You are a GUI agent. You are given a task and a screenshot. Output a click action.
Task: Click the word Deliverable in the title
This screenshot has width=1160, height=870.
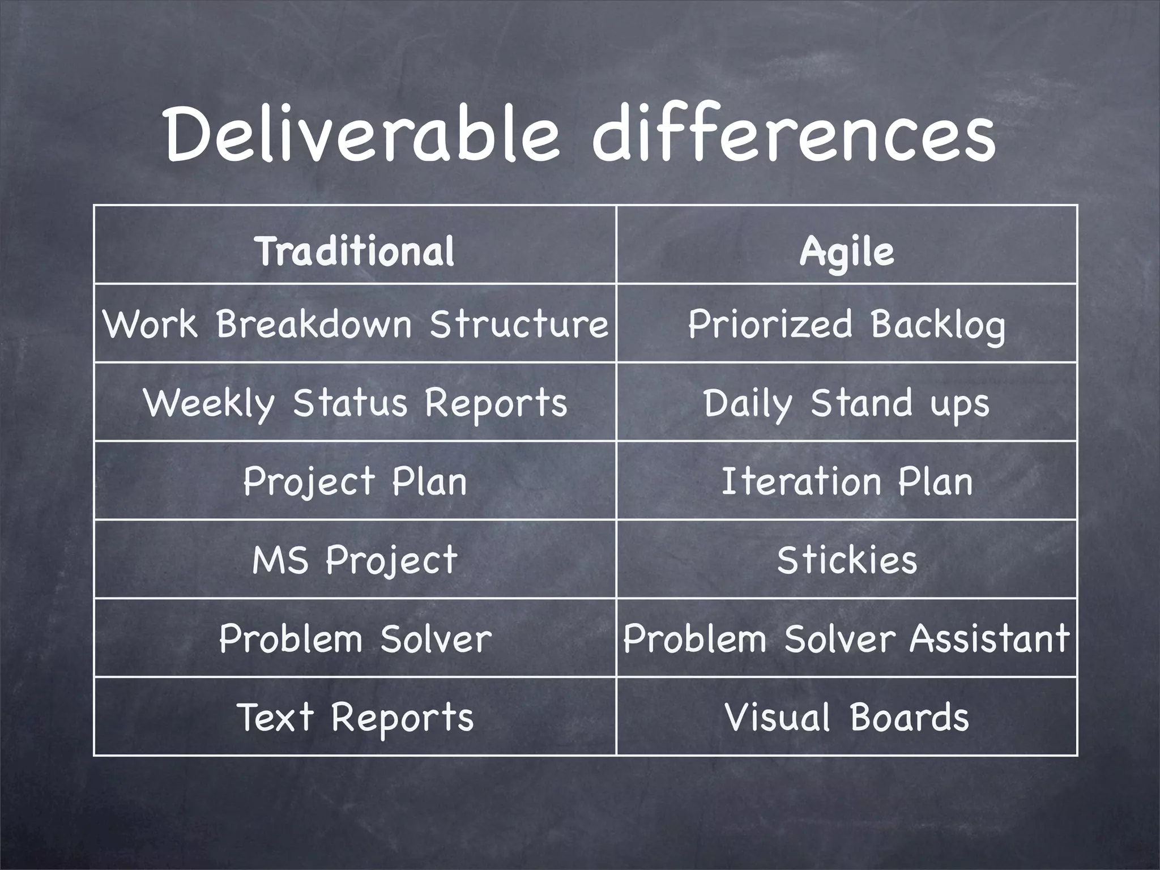[362, 134]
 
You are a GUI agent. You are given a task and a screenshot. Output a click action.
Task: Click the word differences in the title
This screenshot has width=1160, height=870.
[793, 134]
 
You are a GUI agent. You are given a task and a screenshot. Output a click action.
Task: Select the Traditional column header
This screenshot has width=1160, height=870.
[355, 251]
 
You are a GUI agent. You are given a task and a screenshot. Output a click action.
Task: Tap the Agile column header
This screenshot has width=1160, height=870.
[847, 251]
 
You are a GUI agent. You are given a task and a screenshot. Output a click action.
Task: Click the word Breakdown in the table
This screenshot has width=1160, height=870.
[314, 324]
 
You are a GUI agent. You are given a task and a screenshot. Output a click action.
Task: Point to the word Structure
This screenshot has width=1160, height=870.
[519, 324]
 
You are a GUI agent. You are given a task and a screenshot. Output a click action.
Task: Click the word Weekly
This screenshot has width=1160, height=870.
[210, 403]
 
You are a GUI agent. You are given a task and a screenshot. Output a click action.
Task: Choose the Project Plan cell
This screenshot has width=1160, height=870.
[355, 481]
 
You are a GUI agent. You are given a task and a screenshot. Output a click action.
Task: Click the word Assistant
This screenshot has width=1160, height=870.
[990, 638]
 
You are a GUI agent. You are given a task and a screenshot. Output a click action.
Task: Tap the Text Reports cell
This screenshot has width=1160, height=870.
[355, 717]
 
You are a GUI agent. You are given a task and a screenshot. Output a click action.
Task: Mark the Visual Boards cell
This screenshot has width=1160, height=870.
[847, 717]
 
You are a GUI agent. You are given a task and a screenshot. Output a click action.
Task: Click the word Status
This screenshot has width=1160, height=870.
[350, 403]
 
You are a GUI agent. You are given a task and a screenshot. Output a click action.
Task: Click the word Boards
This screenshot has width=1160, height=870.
[909, 717]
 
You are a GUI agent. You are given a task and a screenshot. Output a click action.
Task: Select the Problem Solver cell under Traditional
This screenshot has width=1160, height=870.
[355, 638]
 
